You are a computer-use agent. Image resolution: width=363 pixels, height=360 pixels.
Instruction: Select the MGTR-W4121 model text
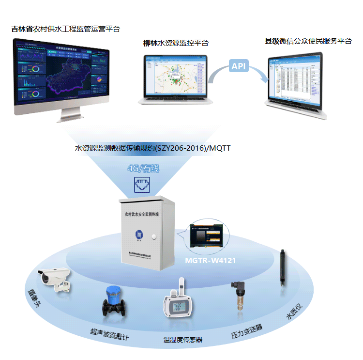coord(211,260)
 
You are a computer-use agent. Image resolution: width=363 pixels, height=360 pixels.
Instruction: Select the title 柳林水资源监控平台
coord(176,43)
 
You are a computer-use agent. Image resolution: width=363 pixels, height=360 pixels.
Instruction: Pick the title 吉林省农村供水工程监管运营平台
coord(66,29)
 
